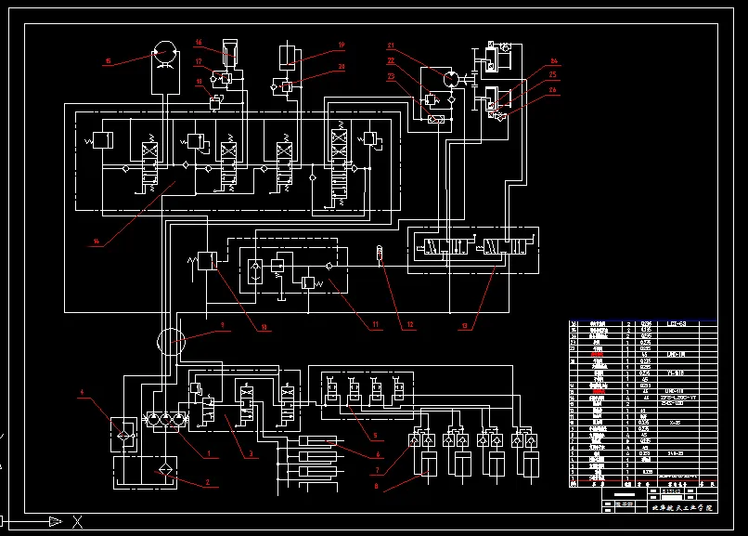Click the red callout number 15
click(107, 61)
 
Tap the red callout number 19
click(341, 44)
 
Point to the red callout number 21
click(392, 46)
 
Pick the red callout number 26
click(553, 90)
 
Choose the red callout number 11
click(376, 325)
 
